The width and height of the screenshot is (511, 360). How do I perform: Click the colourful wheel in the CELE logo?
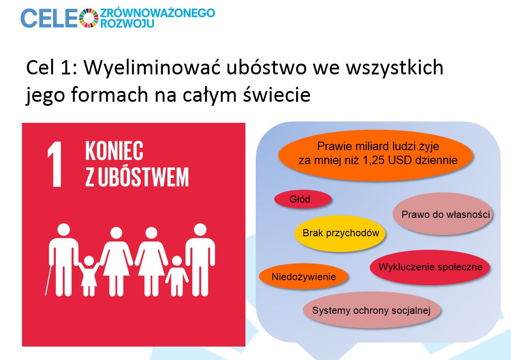[89, 18]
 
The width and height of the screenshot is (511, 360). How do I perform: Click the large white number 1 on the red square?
[55, 164]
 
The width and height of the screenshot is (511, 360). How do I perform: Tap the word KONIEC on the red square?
[114, 151]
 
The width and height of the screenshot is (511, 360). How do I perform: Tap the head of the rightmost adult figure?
[200, 230]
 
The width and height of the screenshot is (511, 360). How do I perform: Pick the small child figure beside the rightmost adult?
[177, 276]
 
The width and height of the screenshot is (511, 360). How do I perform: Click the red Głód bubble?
[303, 199]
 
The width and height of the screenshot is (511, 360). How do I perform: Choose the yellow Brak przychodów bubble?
[340, 233]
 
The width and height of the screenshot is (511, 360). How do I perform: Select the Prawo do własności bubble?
[443, 214]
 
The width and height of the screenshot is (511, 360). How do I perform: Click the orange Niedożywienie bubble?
[303, 277]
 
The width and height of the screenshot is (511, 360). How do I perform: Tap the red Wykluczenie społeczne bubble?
[430, 267]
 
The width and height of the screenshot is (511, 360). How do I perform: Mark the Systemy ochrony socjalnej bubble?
[372, 310]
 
